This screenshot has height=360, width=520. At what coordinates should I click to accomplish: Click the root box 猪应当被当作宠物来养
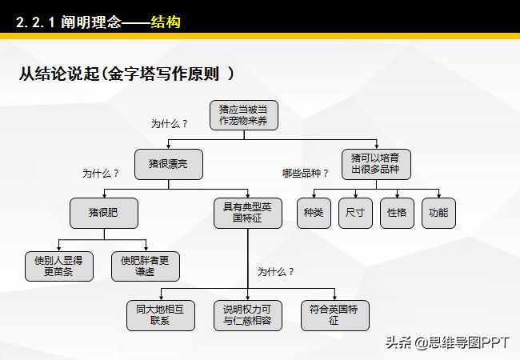(244, 115)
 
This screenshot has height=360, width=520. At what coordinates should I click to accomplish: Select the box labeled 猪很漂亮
(169, 164)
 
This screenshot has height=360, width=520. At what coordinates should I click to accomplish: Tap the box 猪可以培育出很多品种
(376, 164)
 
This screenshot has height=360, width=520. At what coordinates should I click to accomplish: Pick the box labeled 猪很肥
(104, 213)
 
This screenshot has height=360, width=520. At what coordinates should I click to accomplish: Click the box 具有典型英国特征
(248, 213)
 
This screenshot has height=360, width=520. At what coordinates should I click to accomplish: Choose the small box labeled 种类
(314, 213)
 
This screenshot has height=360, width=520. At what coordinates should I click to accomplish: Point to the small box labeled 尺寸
(355, 213)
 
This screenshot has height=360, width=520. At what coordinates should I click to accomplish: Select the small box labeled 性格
(397, 213)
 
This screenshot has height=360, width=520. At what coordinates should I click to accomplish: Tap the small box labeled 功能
(438, 213)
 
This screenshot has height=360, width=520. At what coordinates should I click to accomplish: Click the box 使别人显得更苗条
(59, 266)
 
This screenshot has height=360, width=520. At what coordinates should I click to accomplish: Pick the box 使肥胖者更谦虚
(146, 266)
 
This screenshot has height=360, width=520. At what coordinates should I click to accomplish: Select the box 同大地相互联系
(161, 315)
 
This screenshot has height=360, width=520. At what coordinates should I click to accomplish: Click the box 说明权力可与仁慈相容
(248, 315)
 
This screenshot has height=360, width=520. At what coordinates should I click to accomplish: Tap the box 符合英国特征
(335, 315)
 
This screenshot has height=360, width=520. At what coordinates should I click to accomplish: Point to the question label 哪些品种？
(305, 173)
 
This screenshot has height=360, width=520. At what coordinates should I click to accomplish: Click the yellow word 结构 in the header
(166, 22)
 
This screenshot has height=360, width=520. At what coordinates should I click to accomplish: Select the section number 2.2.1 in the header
(35, 22)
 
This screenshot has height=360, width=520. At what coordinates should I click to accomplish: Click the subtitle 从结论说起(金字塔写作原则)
(126, 74)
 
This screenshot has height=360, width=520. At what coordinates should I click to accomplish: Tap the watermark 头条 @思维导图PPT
(447, 342)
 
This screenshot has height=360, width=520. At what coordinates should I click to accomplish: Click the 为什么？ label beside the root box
(169, 124)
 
